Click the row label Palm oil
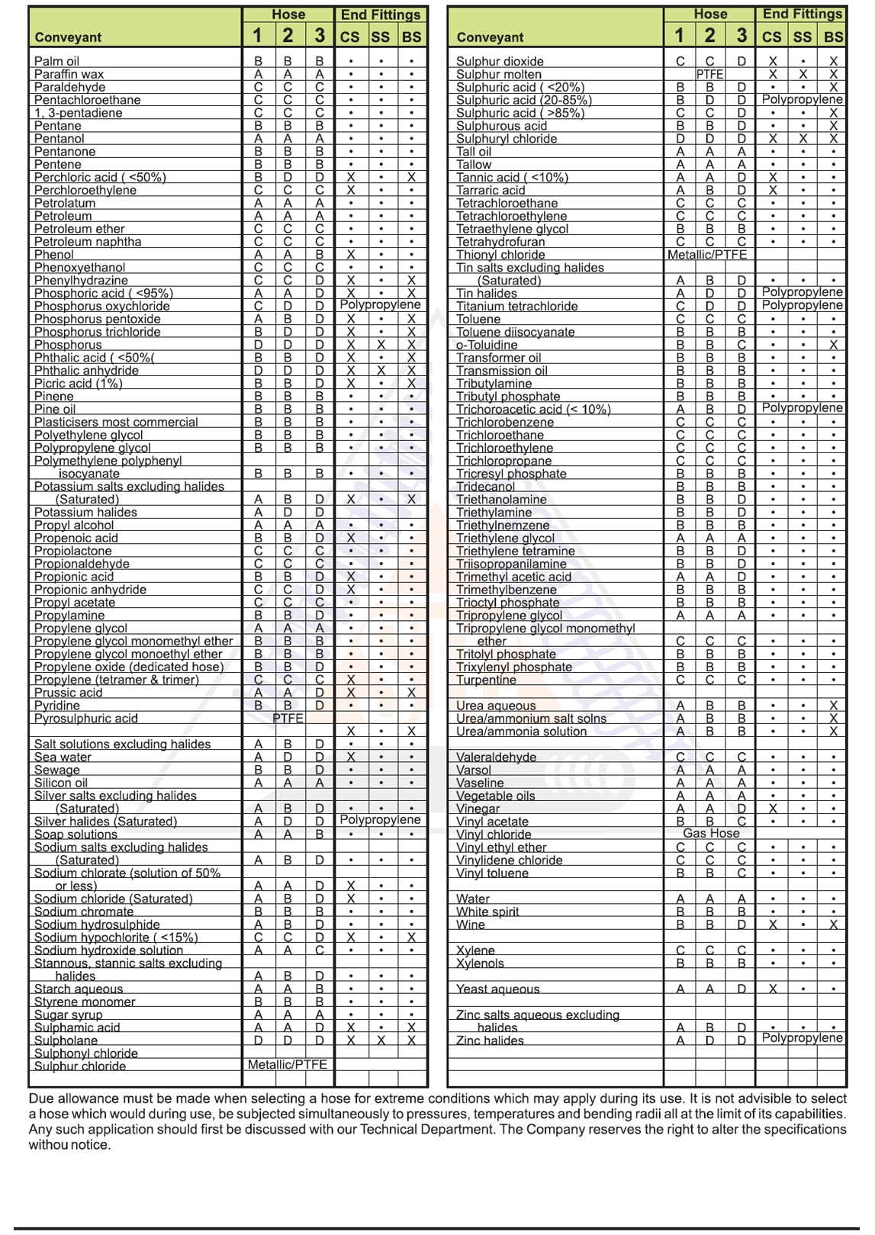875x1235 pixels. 56,61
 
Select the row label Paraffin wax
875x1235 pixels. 69,74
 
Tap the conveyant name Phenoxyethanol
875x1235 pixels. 79,268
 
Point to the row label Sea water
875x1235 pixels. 63,757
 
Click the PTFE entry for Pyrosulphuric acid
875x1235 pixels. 288,719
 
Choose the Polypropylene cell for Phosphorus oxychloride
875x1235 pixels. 380,305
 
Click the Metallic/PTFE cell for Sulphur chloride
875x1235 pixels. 288,1065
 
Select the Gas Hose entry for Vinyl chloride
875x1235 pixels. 711,834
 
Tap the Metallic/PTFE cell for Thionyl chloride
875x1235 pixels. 707,255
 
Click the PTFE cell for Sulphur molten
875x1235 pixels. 709,75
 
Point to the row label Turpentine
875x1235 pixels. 486,680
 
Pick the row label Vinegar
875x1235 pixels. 478,809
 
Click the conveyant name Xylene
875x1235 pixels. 475,950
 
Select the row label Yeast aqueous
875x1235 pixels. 497,989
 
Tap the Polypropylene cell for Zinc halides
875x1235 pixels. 802,1039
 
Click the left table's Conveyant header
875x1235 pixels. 68,37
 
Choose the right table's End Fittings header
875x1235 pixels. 802,14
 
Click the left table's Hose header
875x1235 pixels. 288,14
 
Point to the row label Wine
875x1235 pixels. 470,925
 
